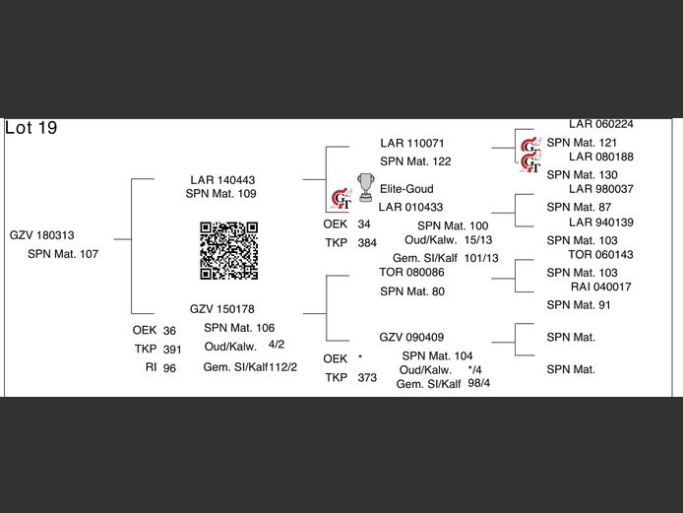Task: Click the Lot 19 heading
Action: click(31, 129)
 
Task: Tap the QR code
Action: click(229, 250)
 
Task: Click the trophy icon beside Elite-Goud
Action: click(365, 187)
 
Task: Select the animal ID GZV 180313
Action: click(42, 235)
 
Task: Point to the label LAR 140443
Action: click(222, 180)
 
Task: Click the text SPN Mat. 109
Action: click(220, 194)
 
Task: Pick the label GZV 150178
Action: click(222, 308)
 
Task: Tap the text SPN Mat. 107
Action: click(63, 254)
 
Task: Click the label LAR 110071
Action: click(412, 144)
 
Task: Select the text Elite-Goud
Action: click(406, 189)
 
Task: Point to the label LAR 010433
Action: click(410, 207)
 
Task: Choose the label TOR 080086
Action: click(411, 272)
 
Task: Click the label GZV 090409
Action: click(411, 337)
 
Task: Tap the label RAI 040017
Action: click(600, 287)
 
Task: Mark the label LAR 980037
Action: click(600, 189)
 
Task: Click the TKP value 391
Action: click(172, 350)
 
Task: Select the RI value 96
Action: click(169, 368)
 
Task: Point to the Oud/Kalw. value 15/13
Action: click(478, 240)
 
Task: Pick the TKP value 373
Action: click(367, 378)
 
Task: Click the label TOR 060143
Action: click(600, 255)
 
